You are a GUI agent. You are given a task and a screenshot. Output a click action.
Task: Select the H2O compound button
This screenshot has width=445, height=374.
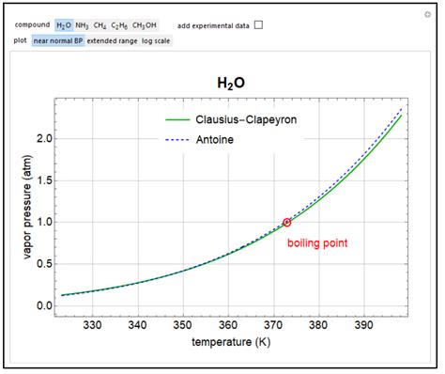tap(64, 24)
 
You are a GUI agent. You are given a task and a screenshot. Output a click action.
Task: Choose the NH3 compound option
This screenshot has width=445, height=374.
tap(82, 24)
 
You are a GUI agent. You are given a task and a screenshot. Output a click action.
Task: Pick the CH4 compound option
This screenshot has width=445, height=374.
tap(100, 24)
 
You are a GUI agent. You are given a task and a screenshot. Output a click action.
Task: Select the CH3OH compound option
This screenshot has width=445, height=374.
tap(146, 24)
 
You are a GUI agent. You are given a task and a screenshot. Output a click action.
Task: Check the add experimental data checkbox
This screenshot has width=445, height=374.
tap(259, 24)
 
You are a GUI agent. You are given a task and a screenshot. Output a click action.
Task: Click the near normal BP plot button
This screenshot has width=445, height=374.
tap(58, 40)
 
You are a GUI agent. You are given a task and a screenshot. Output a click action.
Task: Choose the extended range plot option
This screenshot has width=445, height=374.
tap(112, 40)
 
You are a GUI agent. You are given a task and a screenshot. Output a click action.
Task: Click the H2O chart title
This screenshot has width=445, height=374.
tap(229, 83)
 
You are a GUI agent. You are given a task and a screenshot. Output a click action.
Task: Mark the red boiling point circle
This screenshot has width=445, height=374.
tap(286, 223)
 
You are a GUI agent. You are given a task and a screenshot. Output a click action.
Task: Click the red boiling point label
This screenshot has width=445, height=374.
tap(317, 242)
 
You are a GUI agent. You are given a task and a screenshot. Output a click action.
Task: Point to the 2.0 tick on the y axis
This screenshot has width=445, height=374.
tap(43, 138)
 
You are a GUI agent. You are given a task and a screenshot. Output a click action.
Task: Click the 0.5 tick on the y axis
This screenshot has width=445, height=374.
tap(43, 264)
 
